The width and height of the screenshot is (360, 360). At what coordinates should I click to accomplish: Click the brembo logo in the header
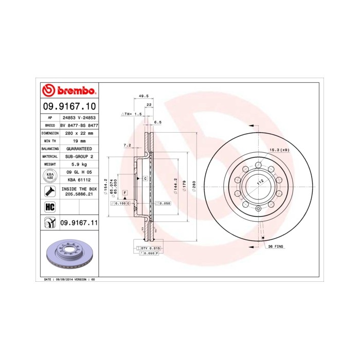tap(68, 91)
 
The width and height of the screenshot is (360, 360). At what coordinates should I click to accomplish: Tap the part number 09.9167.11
tap(79, 223)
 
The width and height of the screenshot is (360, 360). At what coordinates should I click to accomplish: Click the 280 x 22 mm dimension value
tap(79, 132)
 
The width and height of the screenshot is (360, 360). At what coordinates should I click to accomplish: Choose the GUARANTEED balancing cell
tap(79, 148)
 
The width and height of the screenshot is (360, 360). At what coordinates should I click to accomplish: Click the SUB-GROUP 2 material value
tap(79, 156)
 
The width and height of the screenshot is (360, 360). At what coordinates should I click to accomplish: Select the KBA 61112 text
tap(79, 181)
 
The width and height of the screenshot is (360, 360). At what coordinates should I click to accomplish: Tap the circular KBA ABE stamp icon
tap(50, 176)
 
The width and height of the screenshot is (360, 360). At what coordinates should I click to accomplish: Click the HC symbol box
tap(50, 207)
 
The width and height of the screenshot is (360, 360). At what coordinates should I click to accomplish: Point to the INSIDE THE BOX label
tap(79, 189)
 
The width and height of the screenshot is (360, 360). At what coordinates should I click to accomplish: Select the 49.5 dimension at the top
tap(143, 96)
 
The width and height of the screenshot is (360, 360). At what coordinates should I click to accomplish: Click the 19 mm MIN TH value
tap(79, 140)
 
